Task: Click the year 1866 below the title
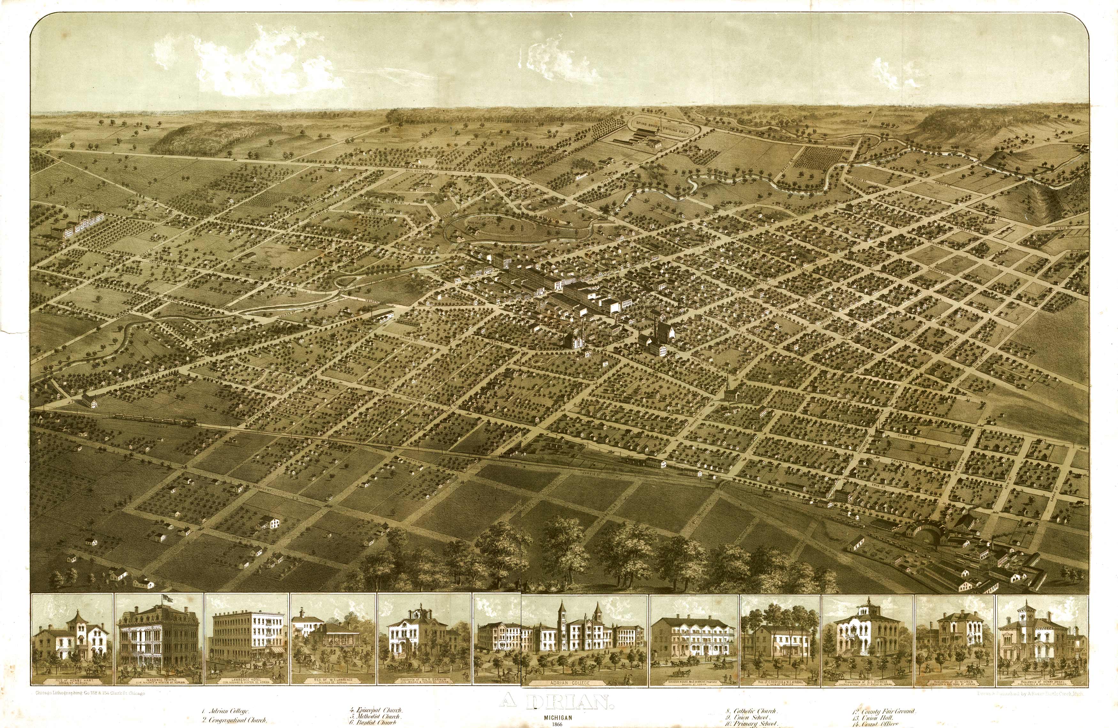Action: point(558,724)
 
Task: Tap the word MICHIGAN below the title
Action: point(558,717)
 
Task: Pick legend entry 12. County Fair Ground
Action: point(883,711)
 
